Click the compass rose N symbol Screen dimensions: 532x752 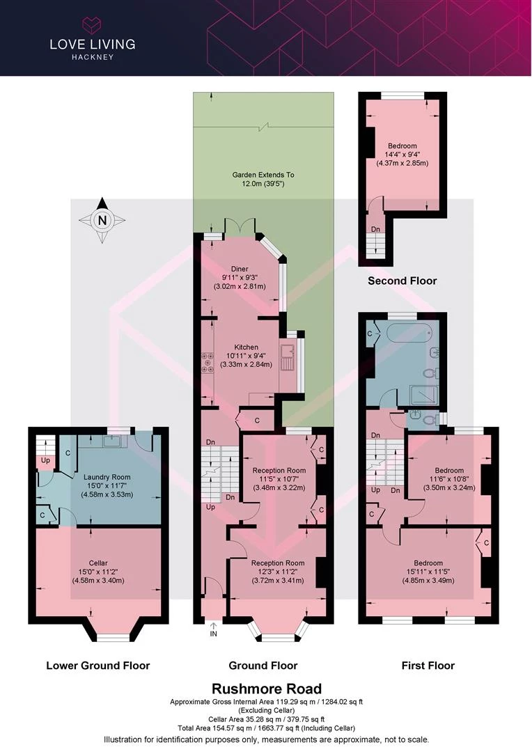[x=102, y=220]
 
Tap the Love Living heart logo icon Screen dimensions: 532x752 [x=92, y=24]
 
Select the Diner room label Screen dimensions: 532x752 [x=240, y=269]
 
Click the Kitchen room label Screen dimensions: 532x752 [x=246, y=347]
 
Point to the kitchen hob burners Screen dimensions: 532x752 [x=208, y=363]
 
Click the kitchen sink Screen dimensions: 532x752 [x=289, y=357]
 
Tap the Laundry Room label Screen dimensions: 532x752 [x=107, y=477]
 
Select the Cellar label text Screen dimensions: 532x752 [x=98, y=563]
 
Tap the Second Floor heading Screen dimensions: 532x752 [x=402, y=281]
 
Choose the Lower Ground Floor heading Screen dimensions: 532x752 [x=98, y=666]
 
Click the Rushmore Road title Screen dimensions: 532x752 [x=267, y=689]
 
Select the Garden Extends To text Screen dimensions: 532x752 [x=263, y=175]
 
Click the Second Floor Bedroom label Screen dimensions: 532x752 [x=402, y=146]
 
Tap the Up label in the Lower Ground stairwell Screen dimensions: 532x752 [x=45, y=460]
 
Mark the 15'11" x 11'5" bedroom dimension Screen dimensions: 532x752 [x=428, y=572]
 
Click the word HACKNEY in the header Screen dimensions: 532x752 [x=93, y=57]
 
